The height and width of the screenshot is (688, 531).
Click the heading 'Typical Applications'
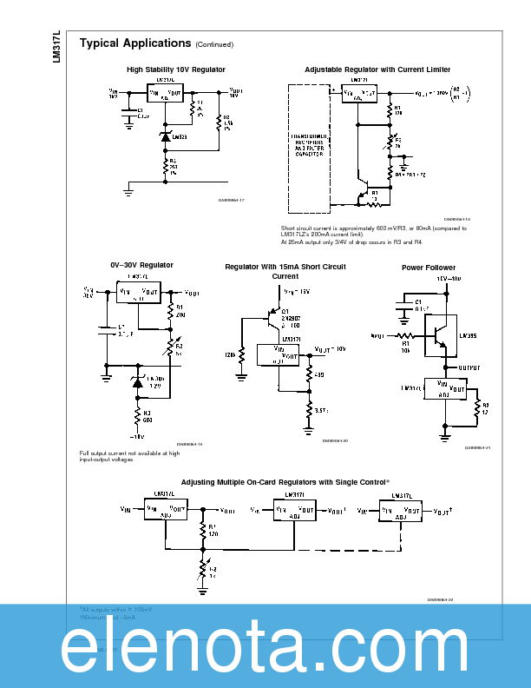point(134,43)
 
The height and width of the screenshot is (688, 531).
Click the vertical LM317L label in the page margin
point(57,46)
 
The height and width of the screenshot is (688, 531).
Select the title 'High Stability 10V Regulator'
point(176,69)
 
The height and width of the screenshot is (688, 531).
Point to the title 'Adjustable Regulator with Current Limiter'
point(377,69)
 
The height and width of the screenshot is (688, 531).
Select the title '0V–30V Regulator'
point(141,265)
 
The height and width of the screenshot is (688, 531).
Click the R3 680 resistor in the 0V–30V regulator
point(137,413)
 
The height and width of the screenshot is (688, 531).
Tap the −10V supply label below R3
point(136,437)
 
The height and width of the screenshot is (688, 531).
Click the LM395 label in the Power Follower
point(467,334)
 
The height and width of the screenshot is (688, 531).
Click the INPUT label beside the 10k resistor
point(377,334)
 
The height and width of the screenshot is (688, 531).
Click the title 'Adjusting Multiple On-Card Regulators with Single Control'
point(285,481)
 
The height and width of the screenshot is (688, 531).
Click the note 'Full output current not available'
point(130,456)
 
